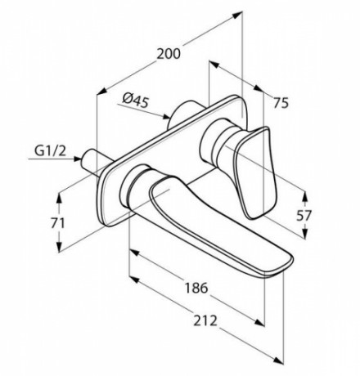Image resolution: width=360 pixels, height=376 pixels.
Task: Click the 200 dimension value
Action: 169,54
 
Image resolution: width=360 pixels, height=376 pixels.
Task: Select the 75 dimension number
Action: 281,103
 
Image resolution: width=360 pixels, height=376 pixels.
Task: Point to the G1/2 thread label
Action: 50,150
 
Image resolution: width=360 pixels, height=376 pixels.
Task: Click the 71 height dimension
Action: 57,223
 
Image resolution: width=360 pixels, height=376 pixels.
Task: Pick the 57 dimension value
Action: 304,216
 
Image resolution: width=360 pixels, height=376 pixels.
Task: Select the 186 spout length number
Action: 196,288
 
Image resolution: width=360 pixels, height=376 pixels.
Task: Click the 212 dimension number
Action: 205,320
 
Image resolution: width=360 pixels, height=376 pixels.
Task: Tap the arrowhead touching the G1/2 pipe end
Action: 77,159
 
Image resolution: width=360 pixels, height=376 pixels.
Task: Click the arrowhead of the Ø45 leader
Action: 166,117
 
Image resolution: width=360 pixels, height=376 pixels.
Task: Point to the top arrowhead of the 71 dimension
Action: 59,196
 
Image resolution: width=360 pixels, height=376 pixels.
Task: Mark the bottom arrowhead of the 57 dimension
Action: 305,234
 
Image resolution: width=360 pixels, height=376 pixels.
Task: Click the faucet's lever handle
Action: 254,172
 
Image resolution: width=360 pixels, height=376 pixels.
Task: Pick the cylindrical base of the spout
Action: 133,186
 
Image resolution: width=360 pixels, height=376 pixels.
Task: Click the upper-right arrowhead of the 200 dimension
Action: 238,14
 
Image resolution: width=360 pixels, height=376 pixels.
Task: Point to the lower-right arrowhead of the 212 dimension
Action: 278,360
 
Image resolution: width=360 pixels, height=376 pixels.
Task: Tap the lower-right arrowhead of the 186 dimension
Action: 260,322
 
